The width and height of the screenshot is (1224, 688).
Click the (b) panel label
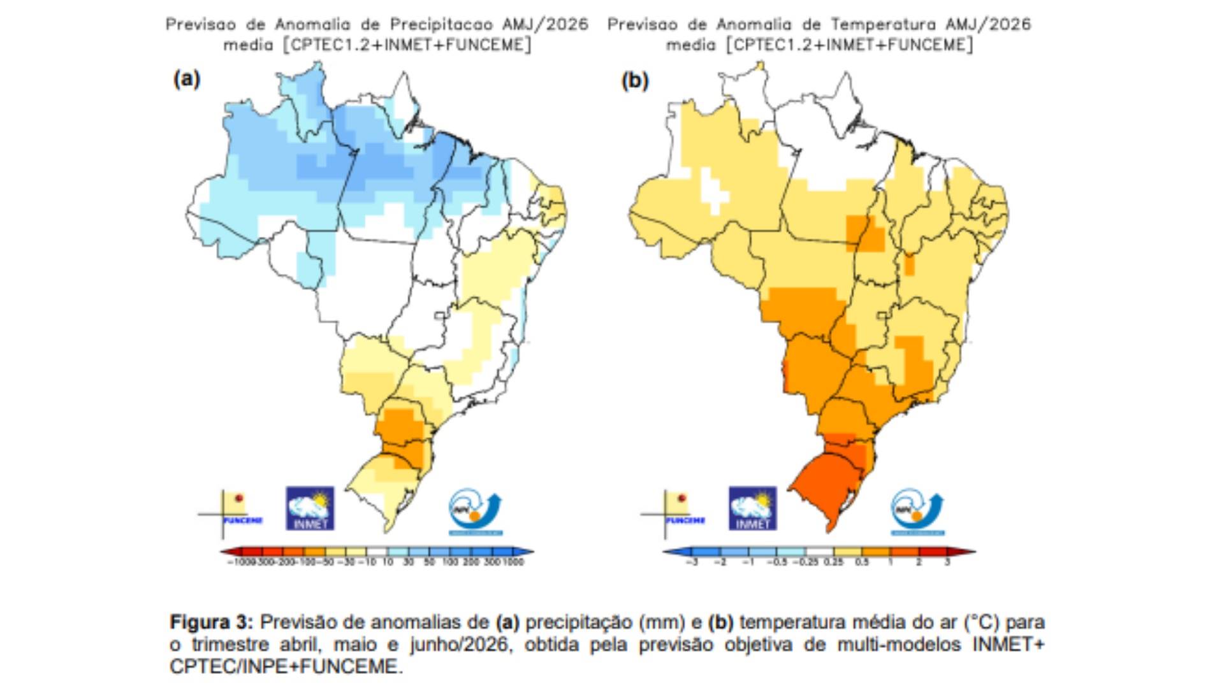(x=634, y=80)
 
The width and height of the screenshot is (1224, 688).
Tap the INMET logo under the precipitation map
(x=310, y=508)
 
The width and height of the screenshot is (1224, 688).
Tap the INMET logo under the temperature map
(x=752, y=508)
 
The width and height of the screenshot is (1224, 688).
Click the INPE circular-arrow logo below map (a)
(x=476, y=511)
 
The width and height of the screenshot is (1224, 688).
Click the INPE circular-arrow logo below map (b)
(x=917, y=511)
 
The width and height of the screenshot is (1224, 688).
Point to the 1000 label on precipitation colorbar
(x=513, y=563)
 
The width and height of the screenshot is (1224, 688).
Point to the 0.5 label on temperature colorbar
(x=862, y=563)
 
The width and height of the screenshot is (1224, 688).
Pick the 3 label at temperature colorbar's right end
(x=947, y=563)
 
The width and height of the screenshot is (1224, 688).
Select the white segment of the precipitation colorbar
(x=377, y=552)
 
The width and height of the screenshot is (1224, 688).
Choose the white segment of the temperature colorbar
(x=820, y=552)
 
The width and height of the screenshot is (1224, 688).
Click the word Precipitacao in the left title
(x=441, y=25)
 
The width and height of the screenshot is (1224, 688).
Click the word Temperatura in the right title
(x=883, y=25)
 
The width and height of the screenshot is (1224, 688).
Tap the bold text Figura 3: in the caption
(x=211, y=622)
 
